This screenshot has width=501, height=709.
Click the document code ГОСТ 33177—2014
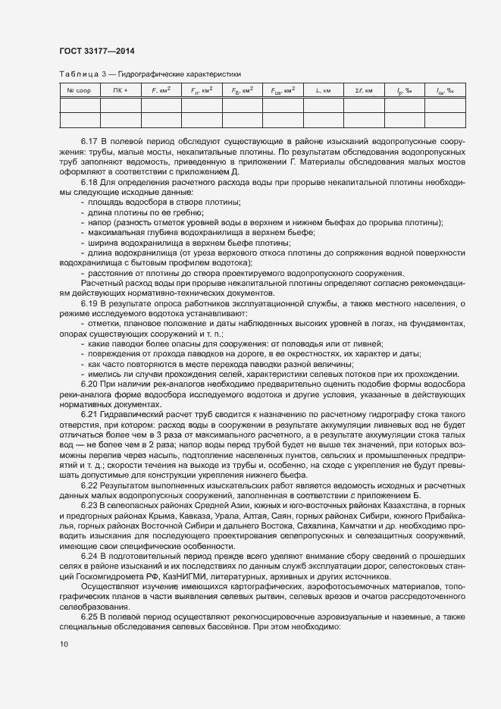click(x=96, y=52)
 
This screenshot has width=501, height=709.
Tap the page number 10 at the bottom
click(x=63, y=645)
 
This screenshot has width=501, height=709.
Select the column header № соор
click(x=79, y=91)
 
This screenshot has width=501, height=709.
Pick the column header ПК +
click(x=120, y=91)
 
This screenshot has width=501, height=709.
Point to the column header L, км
click(x=323, y=91)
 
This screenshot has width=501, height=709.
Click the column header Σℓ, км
click(x=364, y=91)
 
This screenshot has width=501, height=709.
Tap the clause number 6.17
click(x=89, y=142)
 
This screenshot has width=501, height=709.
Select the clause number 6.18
click(x=89, y=183)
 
